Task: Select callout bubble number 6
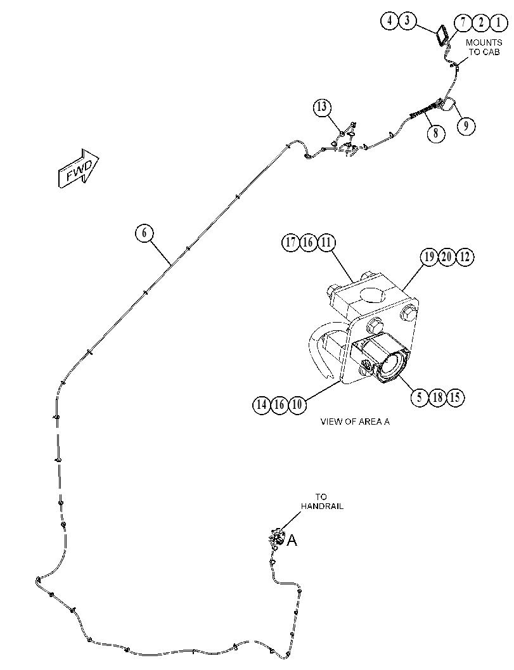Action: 144,233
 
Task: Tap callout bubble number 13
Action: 322,107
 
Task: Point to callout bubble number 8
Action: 435,132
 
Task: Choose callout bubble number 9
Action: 466,126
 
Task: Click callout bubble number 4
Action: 390,21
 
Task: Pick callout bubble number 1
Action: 498,22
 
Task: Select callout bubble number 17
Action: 290,243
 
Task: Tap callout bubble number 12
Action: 465,257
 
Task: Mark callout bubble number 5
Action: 420,397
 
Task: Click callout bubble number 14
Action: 262,404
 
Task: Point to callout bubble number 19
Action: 429,257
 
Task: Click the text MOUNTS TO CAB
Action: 484,47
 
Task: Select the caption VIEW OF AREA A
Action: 355,422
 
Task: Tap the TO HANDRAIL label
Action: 322,501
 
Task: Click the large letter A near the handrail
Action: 292,540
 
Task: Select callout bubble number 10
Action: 298,404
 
